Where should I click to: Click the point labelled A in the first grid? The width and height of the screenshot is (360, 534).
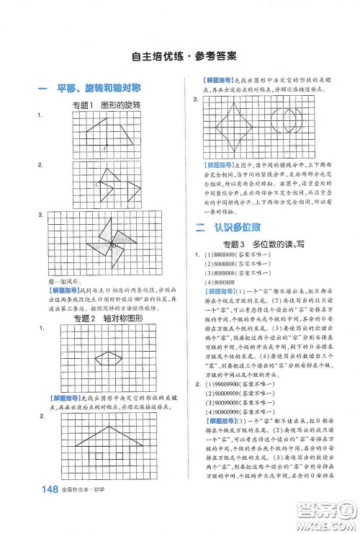pyautogui.click(x=105, y=148)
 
